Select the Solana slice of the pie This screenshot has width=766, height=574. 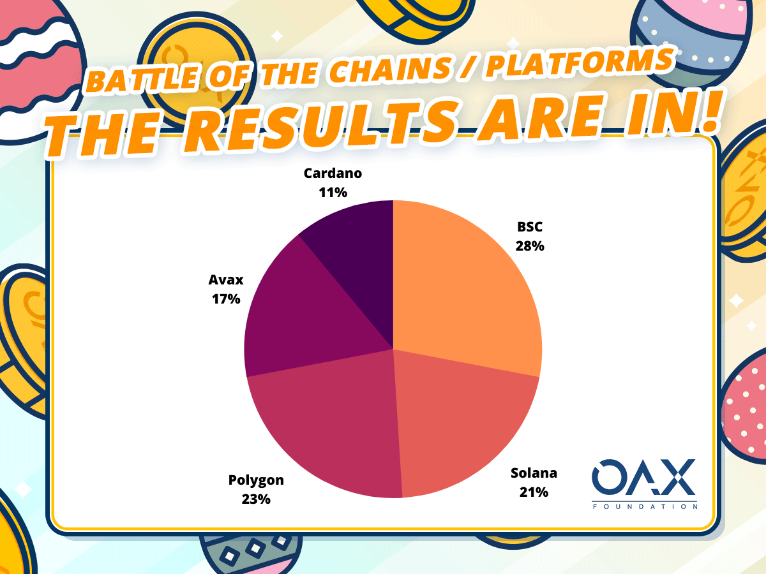pyautogui.click(x=461, y=418)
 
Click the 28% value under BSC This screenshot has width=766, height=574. pyautogui.click(x=530, y=246)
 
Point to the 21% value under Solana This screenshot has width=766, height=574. pyautogui.click(x=534, y=492)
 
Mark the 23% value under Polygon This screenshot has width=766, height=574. pyautogui.click(x=256, y=499)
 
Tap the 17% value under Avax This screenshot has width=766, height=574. pyautogui.click(x=226, y=299)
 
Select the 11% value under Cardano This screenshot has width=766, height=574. pyautogui.click(x=333, y=193)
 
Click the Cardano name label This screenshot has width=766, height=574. pyautogui.click(x=333, y=173)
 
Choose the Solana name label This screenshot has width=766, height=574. pyautogui.click(x=534, y=473)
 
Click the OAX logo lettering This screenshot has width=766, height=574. pyautogui.click(x=644, y=477)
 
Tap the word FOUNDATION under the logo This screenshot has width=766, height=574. pyautogui.click(x=645, y=506)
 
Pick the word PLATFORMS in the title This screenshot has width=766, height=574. pyautogui.click(x=580, y=62)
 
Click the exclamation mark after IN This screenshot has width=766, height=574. pyautogui.click(x=712, y=112)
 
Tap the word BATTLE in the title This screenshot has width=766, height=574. pyautogui.click(x=142, y=80)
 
